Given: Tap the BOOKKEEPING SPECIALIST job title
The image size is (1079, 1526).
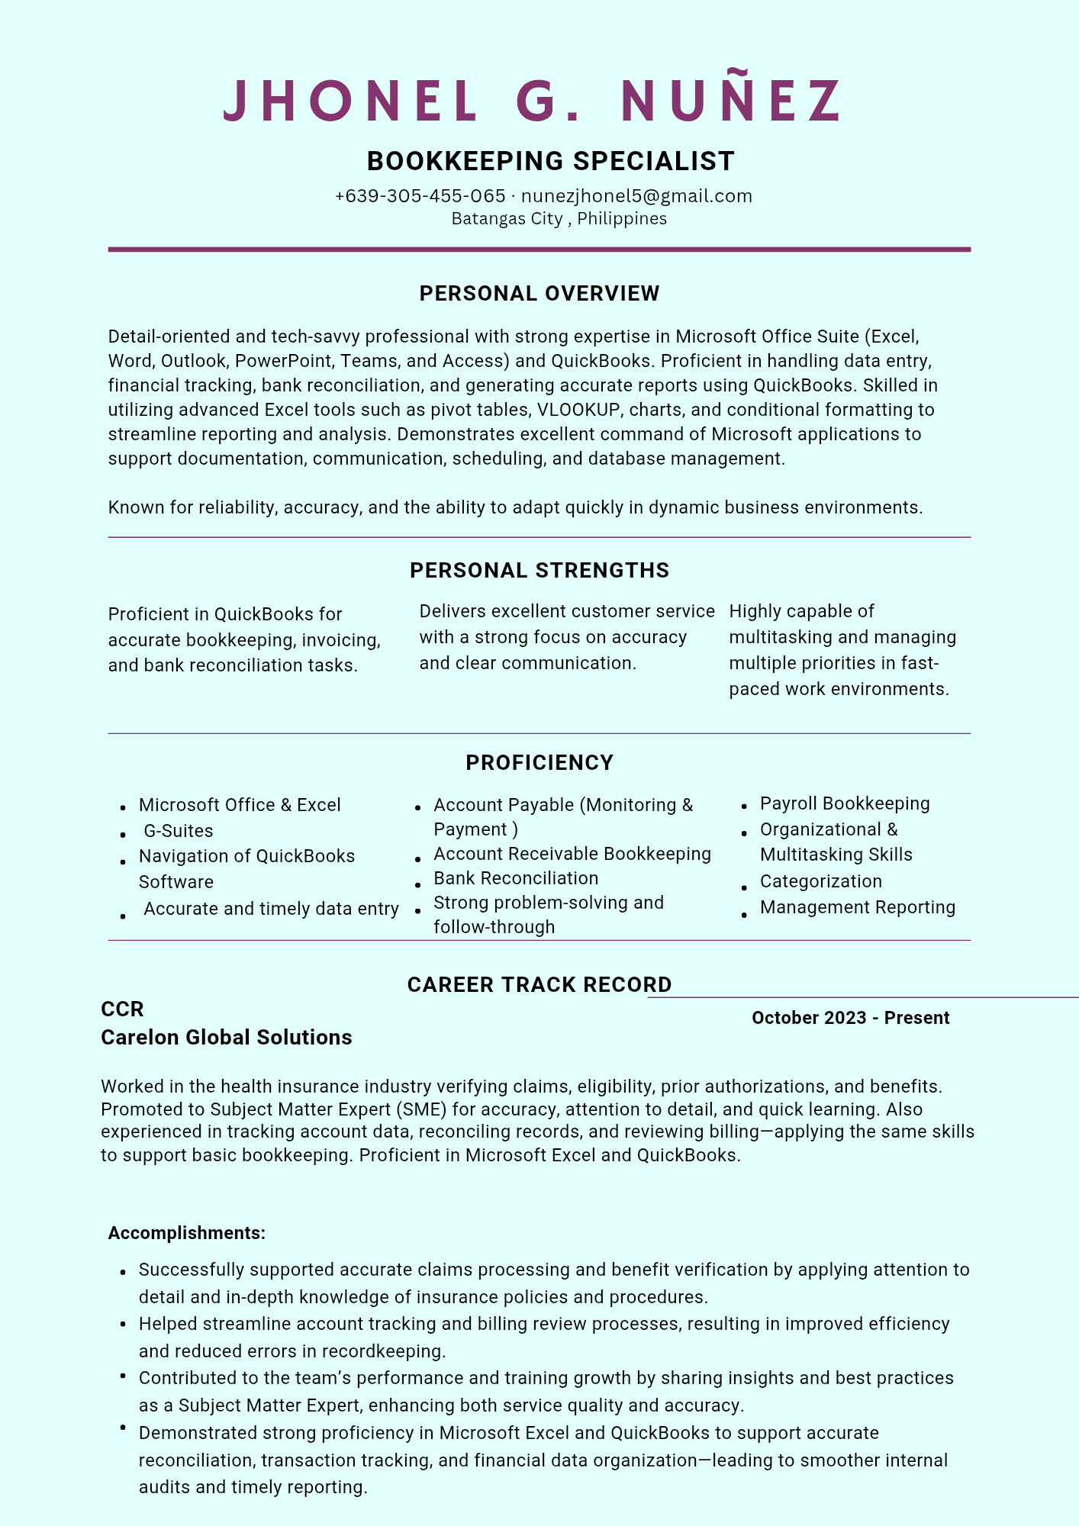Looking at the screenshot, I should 550,161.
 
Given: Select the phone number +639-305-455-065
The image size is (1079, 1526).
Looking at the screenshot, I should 420,196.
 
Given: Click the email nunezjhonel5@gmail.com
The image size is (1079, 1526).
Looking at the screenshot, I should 636,196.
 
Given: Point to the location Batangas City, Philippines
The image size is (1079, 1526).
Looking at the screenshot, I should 559,219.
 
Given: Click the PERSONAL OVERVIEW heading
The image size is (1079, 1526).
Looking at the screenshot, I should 539,294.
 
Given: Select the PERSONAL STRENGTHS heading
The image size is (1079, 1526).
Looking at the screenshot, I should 539,571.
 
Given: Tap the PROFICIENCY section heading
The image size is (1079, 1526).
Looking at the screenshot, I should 539,763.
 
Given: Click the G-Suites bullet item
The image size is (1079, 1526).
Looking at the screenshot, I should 179,831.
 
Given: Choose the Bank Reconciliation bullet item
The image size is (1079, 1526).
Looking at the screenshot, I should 516,878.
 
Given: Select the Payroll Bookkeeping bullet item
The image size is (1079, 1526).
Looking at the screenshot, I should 845,803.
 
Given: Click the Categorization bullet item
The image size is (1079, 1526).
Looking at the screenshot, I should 820,881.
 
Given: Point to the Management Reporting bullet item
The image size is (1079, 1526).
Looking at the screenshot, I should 857,907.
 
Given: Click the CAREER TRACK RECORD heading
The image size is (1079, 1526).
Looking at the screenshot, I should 539,985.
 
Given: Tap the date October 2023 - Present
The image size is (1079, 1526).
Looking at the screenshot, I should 850,1018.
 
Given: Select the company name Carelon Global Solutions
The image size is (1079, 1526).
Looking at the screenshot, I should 227,1038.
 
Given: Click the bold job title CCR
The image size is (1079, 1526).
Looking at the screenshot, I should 122,1009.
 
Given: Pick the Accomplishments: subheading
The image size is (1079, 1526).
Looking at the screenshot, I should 187,1233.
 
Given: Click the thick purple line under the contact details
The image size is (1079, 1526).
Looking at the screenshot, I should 539,250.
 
